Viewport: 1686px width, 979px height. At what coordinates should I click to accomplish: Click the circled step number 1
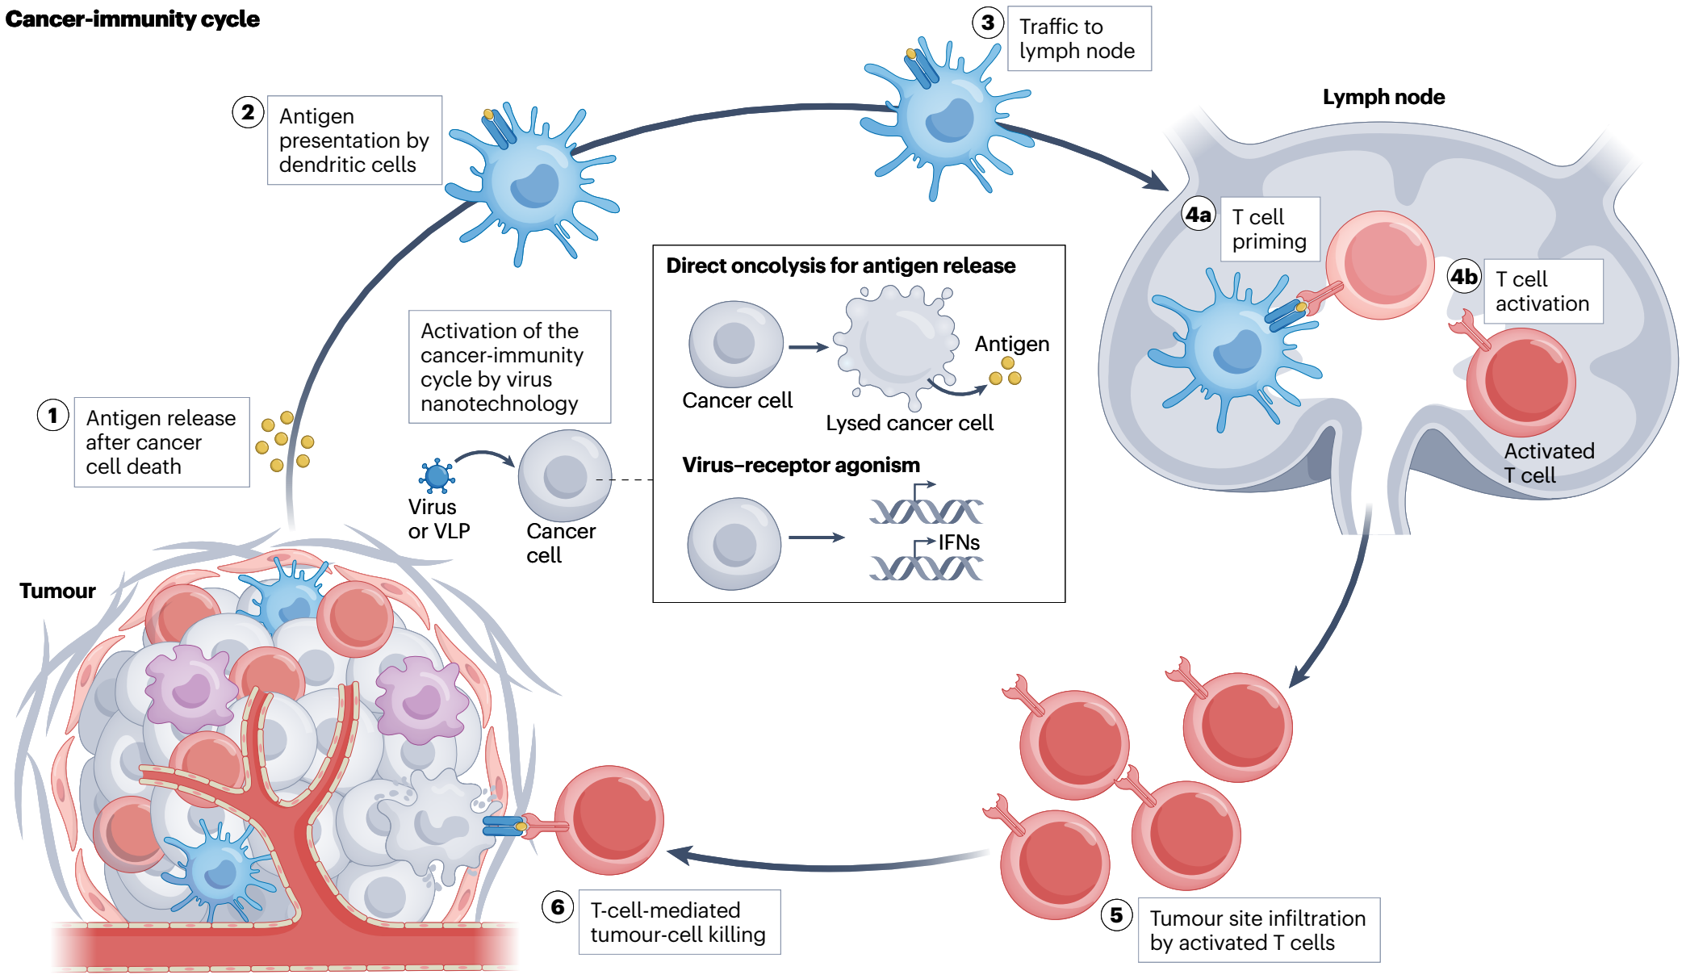53,416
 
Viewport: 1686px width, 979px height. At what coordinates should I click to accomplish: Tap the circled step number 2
248,112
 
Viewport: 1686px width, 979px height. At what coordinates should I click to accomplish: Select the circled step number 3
988,23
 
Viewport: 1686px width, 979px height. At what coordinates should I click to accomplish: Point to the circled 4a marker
1199,215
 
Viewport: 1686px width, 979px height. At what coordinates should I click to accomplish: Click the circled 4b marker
1464,277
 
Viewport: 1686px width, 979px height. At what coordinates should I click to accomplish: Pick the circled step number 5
1117,914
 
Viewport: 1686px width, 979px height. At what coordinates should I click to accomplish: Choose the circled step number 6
558,906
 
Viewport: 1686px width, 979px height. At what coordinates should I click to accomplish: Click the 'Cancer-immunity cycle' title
132,19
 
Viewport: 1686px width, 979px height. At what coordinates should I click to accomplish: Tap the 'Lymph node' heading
1383,98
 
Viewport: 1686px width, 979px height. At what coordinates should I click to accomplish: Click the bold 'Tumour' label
57,591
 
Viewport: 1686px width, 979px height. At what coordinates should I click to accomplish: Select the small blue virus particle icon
437,476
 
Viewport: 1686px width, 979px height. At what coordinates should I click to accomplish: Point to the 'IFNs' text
959,542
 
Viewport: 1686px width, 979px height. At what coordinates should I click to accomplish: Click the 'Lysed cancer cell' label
910,423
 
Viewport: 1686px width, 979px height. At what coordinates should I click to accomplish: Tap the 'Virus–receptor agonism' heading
801,465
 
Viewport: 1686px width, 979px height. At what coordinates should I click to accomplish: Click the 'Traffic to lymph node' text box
1079,39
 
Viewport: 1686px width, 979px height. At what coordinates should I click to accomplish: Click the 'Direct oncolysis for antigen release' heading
840,266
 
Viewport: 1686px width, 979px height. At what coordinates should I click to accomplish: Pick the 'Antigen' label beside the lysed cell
1012,344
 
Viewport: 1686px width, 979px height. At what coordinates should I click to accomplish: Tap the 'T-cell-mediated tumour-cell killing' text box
680,922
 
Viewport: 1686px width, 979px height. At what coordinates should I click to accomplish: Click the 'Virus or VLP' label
438,519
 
